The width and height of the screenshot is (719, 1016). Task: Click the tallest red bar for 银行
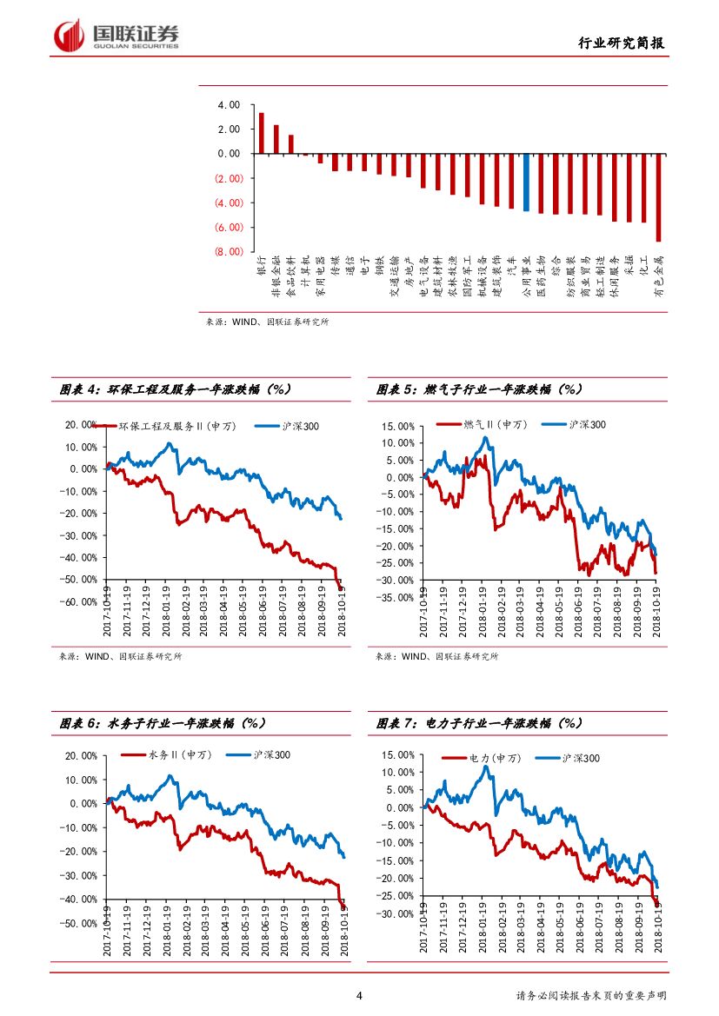pyautogui.click(x=261, y=133)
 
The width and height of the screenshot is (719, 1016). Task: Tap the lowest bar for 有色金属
pyautogui.click(x=659, y=197)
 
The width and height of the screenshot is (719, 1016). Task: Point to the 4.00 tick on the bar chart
pyautogui.click(x=229, y=105)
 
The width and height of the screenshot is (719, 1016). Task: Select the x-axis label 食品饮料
pyautogui.click(x=290, y=276)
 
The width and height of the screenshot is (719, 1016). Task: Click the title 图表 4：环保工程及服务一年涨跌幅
pyautogui.click(x=174, y=390)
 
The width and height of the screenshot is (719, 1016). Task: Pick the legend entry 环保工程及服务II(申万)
pyautogui.click(x=174, y=427)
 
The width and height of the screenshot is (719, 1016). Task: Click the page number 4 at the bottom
pyautogui.click(x=359, y=996)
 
